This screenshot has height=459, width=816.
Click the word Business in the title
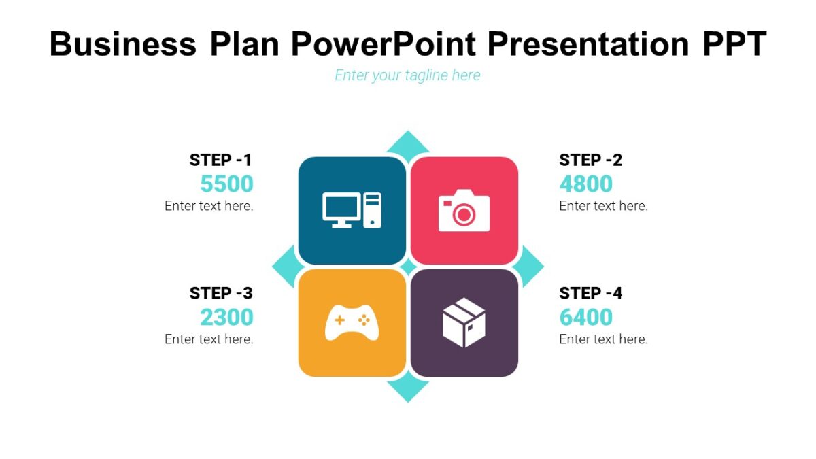122,44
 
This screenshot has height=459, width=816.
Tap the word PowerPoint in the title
383,44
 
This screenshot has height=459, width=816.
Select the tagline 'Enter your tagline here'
407,75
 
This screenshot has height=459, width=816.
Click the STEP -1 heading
221,160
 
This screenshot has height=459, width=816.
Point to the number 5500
226,184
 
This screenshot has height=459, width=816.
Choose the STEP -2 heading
590,160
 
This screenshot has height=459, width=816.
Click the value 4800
585,184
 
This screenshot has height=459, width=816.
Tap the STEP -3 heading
221,293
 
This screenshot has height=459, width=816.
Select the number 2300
226,317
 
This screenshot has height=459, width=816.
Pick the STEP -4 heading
590,293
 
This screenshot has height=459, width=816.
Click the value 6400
585,317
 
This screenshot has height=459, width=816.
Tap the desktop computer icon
352,210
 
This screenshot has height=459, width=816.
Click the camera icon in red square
464,210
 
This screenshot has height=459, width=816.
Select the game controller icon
352,322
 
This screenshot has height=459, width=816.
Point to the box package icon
464,322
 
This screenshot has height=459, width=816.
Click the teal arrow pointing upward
408,142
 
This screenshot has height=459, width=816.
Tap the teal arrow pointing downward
408,390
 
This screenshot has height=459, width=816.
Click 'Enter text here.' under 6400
603,339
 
